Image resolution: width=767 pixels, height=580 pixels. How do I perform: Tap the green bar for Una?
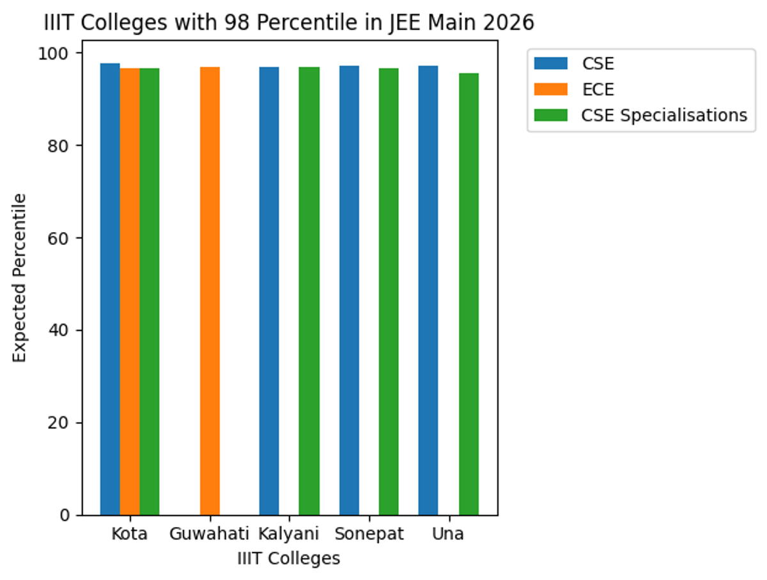point(469,294)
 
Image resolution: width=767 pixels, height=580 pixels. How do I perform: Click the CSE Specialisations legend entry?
point(663,115)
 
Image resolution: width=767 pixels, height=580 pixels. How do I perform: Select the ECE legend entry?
point(598,89)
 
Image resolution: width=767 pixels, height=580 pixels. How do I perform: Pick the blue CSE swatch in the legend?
point(550,63)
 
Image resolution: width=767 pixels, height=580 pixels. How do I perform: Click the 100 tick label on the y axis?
point(58,53)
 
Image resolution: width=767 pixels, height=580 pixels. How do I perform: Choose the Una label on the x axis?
point(448,534)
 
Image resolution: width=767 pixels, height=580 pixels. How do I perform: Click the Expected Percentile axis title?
point(20,278)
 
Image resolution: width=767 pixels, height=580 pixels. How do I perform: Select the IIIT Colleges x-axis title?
point(288,558)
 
